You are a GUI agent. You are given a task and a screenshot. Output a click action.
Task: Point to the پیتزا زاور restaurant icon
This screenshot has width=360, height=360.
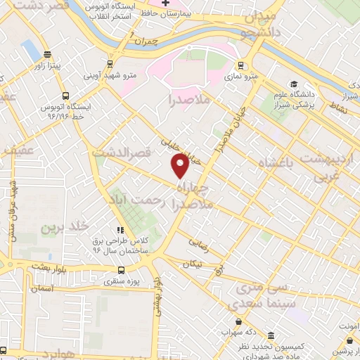coord(47,54)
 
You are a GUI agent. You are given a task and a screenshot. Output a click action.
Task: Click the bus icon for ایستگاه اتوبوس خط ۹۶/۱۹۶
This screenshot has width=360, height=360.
coord(65,96)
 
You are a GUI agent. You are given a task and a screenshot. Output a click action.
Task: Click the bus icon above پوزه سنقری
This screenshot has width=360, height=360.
coord(121,269)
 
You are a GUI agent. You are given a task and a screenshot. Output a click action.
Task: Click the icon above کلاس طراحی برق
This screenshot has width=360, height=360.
coord(121,229)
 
